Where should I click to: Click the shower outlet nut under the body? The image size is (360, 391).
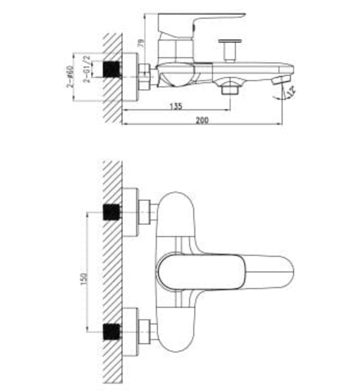[x=230, y=88]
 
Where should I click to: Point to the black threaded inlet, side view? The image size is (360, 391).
[x=113, y=69]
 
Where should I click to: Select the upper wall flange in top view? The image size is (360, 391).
[x=129, y=212]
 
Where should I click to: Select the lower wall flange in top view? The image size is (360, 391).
[x=129, y=331]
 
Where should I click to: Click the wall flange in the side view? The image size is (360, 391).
[x=129, y=77]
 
